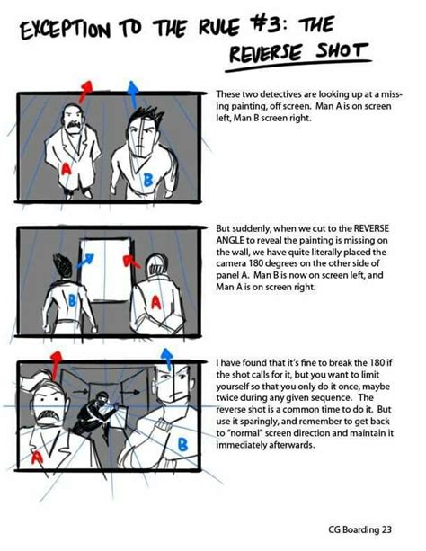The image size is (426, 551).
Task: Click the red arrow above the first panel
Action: tap(85, 88)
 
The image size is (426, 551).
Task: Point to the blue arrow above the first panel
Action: tap(132, 90)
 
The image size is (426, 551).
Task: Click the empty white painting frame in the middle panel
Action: tap(106, 271)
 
